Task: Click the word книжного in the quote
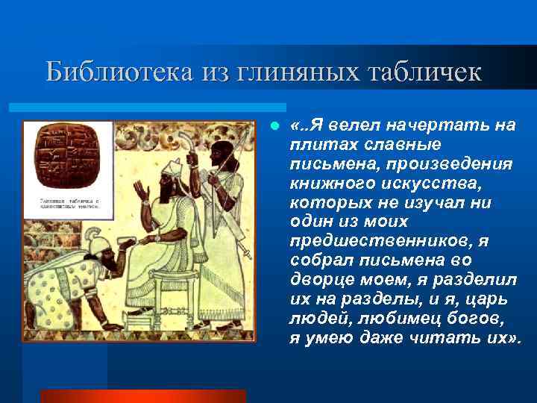(325, 184)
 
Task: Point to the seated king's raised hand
(143, 193)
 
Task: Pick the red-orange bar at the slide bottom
(142, 396)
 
